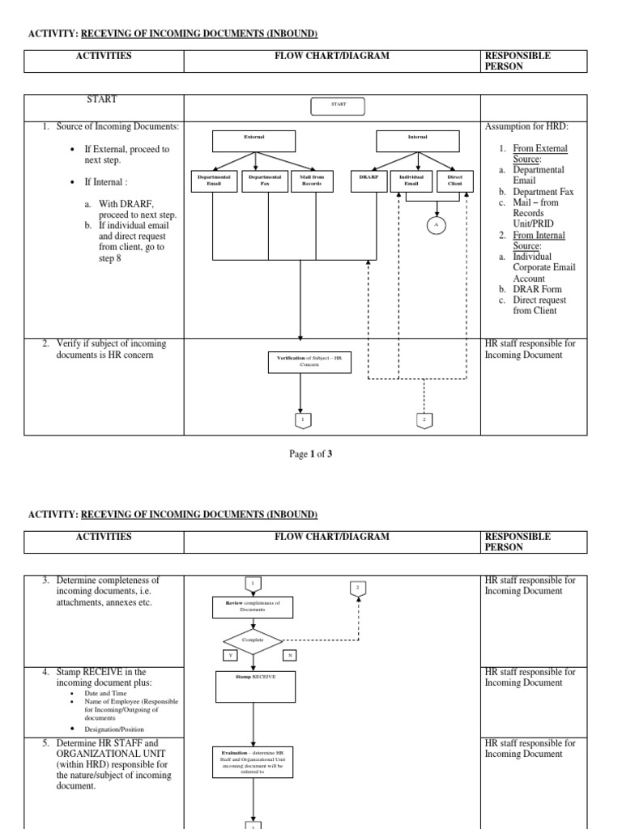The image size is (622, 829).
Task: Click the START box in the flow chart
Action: coord(338,105)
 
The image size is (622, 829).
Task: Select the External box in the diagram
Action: coord(254,140)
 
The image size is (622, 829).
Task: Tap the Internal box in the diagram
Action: coord(417,140)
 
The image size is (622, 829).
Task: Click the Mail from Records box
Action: coord(311,181)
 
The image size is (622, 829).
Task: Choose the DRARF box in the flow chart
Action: coord(369,181)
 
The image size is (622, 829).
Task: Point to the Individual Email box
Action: coord(411,181)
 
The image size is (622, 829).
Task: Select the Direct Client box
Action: coord(454,181)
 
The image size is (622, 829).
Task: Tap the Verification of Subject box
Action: coord(309,362)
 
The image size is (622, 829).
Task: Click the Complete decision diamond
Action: coord(253,640)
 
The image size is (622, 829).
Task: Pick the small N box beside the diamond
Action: coord(288,655)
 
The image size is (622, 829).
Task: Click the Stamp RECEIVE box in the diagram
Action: coord(254,686)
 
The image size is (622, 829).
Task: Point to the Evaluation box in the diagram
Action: coord(253,762)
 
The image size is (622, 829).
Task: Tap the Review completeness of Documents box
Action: coord(253,606)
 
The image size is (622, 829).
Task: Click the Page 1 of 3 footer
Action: coord(311,454)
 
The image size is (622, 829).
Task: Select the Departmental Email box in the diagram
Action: coord(214,181)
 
